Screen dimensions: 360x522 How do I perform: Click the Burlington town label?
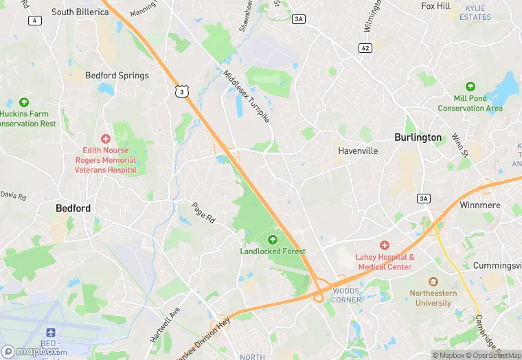click(x=418, y=137)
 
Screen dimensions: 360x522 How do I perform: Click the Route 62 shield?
click(x=365, y=47)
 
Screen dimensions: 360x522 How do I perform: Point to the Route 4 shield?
click(x=33, y=20)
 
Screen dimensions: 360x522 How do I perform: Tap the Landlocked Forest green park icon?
click(x=273, y=239)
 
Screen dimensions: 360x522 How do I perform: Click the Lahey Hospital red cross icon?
click(x=384, y=245)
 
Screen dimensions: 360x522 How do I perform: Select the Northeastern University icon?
click(x=433, y=282)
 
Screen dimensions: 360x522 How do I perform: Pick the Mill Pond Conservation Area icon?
click(x=470, y=87)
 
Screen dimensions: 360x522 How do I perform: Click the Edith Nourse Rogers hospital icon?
click(x=105, y=139)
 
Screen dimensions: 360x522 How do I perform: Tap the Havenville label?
click(x=358, y=150)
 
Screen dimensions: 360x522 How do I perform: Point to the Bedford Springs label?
click(x=117, y=76)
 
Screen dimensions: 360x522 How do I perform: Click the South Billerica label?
click(x=80, y=12)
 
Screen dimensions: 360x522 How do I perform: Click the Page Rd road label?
click(x=204, y=213)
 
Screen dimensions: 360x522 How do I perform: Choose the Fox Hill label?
click(x=435, y=6)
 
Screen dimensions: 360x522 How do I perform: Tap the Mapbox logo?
click(x=29, y=351)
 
